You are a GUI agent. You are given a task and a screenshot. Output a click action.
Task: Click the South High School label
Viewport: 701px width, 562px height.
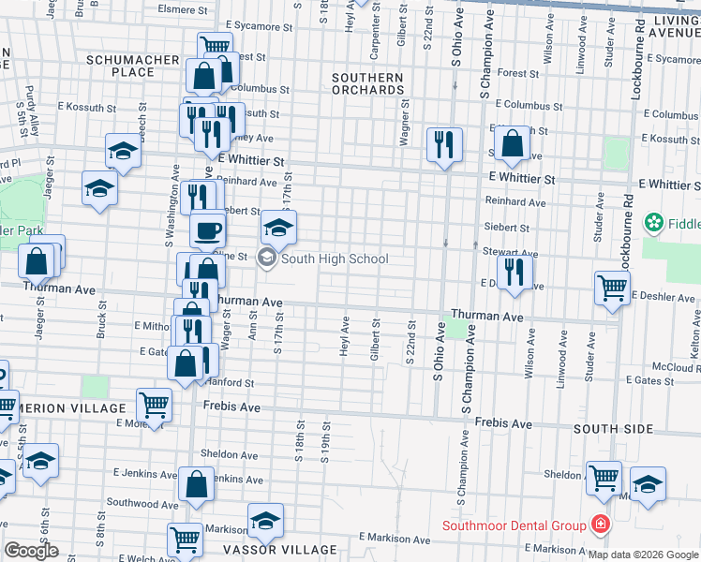[334, 259]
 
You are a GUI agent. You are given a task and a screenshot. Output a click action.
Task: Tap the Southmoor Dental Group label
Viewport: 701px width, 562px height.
[515, 526]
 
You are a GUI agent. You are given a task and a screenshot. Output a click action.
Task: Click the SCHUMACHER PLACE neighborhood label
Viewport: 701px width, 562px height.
[132, 66]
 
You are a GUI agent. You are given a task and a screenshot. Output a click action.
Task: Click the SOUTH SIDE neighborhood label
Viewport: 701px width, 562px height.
[613, 429]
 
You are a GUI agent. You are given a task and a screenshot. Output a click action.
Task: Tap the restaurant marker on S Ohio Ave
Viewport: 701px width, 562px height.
[443, 143]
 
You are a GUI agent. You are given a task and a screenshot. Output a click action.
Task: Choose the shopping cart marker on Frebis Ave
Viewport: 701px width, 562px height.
[154, 405]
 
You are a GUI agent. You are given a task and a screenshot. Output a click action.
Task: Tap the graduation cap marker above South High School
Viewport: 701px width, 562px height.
[277, 227]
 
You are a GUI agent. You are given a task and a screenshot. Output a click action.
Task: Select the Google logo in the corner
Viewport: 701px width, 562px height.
[31, 551]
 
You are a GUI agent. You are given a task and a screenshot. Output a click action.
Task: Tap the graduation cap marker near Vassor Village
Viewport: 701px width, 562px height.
[265, 520]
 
